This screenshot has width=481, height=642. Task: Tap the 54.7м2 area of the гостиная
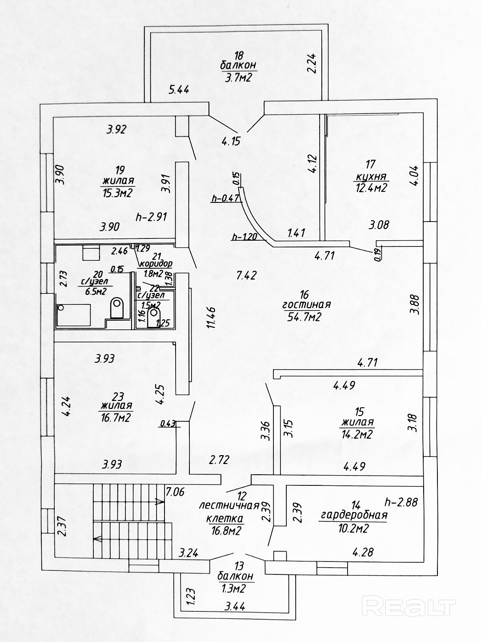click(x=305, y=316)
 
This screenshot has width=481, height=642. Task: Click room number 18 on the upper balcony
click(x=239, y=56)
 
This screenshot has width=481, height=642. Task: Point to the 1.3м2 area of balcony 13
click(x=236, y=589)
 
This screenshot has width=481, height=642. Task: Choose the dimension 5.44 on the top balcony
click(x=179, y=89)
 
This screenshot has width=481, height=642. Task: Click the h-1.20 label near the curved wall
click(x=244, y=236)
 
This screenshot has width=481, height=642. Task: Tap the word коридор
click(x=155, y=263)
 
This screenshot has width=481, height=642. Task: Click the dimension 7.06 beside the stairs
click(x=175, y=492)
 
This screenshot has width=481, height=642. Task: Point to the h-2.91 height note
click(x=151, y=218)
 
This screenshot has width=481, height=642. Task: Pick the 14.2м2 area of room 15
click(x=357, y=434)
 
